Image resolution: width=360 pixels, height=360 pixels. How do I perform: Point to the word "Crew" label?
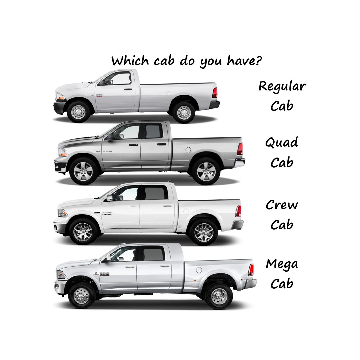point(282,205)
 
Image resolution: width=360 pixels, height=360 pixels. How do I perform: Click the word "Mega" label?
point(282,264)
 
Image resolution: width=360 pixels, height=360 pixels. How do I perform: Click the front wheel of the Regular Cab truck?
point(79,112)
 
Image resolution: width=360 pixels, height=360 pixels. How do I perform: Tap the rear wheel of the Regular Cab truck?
point(184,113)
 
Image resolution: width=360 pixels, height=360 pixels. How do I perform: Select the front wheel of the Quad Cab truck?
point(83,171)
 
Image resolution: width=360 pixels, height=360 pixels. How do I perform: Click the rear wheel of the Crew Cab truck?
point(204,232)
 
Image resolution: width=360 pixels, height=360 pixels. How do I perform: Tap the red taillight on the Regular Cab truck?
point(215,93)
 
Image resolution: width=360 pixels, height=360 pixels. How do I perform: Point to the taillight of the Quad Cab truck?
point(240,149)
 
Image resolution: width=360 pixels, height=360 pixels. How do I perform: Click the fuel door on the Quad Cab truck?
point(188,150)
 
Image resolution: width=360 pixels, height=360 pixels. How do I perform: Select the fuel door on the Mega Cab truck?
point(199,270)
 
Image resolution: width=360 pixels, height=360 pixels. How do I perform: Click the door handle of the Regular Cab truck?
point(128,89)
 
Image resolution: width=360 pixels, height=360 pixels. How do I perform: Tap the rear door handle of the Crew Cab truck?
point(168,206)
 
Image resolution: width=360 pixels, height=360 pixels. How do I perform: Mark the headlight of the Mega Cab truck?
point(61,275)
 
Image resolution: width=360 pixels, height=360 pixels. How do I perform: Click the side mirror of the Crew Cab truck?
point(110,198)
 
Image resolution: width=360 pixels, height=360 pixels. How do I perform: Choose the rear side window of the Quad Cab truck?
point(154,131)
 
